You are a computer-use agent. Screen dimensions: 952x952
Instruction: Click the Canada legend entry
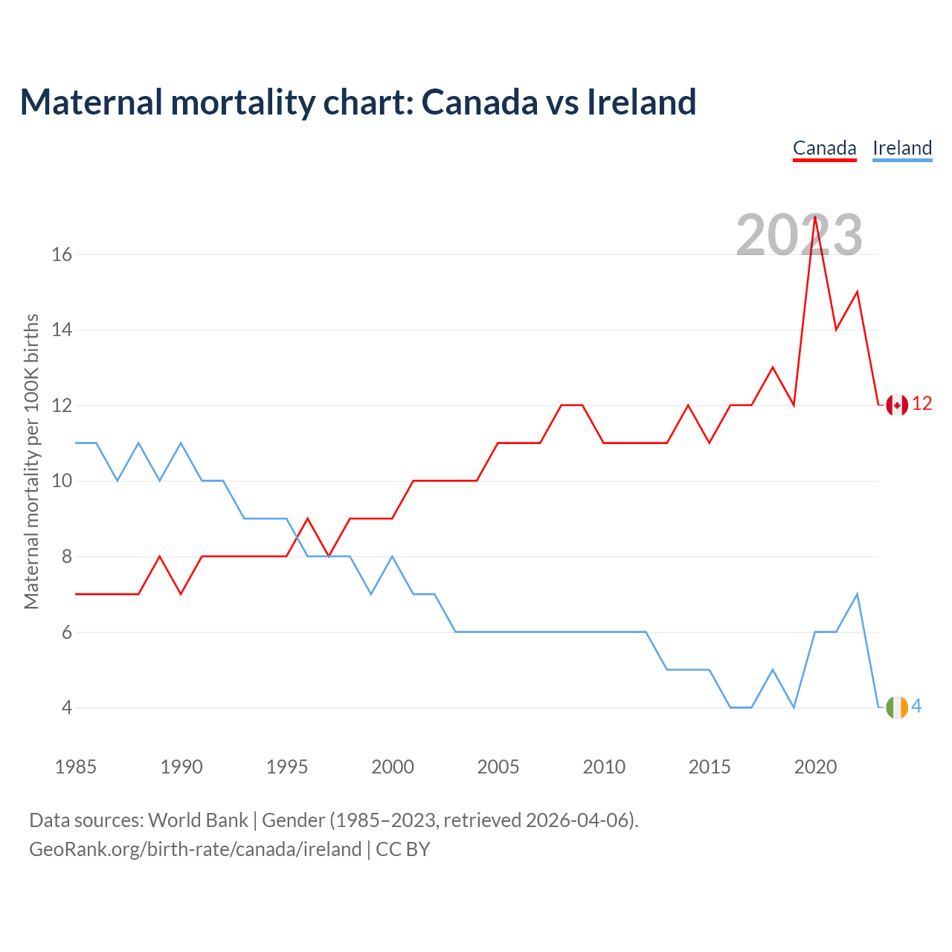pos(824,148)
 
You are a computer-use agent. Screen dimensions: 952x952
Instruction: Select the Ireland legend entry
pos(902,148)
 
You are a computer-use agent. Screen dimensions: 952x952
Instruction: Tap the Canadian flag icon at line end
pos(897,405)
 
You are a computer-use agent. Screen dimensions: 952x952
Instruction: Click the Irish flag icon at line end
pos(897,707)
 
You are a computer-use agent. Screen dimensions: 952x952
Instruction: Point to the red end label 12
pos(922,404)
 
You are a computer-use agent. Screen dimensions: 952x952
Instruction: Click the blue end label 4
pos(917,706)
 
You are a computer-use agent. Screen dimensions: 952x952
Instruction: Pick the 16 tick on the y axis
pos(62,254)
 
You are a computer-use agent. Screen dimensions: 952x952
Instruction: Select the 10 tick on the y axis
pos(62,481)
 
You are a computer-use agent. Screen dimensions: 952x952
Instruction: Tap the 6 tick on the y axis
pos(67,632)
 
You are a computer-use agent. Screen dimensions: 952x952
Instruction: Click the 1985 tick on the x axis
pos(76,767)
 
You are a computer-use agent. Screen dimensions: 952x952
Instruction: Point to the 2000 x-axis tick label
pos(393,767)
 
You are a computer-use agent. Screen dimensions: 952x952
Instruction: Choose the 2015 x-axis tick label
pos(710,767)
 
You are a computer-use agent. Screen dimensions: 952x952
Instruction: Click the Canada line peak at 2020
pos(815,216)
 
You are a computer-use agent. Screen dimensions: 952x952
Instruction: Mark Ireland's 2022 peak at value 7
pos(858,594)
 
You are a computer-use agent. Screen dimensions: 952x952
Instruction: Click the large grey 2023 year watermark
pos(799,235)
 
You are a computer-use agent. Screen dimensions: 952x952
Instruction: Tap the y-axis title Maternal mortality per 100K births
pos(31,461)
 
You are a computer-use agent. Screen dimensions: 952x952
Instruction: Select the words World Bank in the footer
pos(198,820)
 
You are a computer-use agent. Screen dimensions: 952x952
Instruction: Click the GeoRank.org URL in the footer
pos(195,849)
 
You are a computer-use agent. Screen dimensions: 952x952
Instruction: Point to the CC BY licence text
pos(403,849)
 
